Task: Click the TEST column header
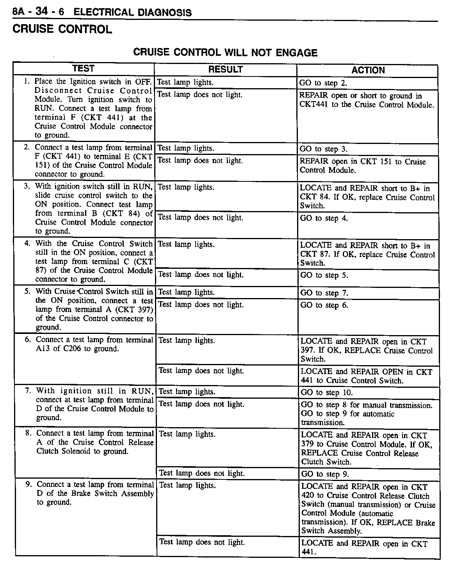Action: (83, 69)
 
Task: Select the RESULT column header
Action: (225, 70)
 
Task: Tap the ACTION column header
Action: (368, 71)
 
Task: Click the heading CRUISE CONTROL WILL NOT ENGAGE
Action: (225, 53)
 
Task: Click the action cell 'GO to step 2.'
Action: (323, 83)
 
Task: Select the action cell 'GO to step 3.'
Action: (323, 149)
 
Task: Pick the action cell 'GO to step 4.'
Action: (324, 218)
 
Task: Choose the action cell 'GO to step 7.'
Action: (324, 293)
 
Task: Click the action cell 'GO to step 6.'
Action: (324, 305)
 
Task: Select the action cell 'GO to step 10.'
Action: (326, 393)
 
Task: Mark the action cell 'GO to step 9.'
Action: (325, 474)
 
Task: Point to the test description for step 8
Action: (95, 442)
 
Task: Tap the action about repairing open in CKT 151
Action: (363, 166)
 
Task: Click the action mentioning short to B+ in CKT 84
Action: (367, 197)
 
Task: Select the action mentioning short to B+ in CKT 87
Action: (367, 254)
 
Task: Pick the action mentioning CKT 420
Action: (368, 509)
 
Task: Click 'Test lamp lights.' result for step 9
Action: (187, 486)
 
